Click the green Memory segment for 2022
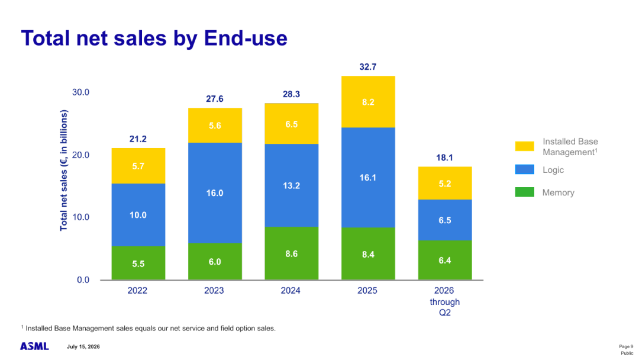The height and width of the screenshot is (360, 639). click(x=138, y=263)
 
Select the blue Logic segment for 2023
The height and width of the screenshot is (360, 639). click(x=215, y=193)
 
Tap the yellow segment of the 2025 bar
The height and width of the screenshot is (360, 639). click(x=368, y=102)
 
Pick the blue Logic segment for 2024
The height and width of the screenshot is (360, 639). click(x=291, y=185)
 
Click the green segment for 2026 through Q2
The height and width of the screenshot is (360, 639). click(x=445, y=260)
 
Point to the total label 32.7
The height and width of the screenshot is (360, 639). click(x=368, y=67)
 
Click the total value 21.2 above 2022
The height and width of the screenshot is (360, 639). click(x=138, y=139)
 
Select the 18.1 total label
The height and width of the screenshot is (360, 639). click(x=444, y=157)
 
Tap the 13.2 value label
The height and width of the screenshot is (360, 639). click(x=291, y=186)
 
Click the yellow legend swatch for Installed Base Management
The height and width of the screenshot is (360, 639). click(x=524, y=146)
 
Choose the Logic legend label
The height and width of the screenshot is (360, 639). click(x=553, y=170)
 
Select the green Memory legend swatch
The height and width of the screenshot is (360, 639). click(x=524, y=192)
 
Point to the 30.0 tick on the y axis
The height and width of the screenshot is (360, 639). click(x=80, y=92)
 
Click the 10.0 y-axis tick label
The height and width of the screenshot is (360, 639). click(x=80, y=217)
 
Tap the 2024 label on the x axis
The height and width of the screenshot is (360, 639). click(x=291, y=291)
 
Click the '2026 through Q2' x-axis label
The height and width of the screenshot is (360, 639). click(x=444, y=302)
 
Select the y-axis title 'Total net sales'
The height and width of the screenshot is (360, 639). click(x=63, y=171)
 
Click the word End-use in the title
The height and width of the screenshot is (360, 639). click(x=246, y=38)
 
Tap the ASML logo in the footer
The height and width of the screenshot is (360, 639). click(x=35, y=346)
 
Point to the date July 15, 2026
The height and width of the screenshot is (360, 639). click(x=83, y=346)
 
